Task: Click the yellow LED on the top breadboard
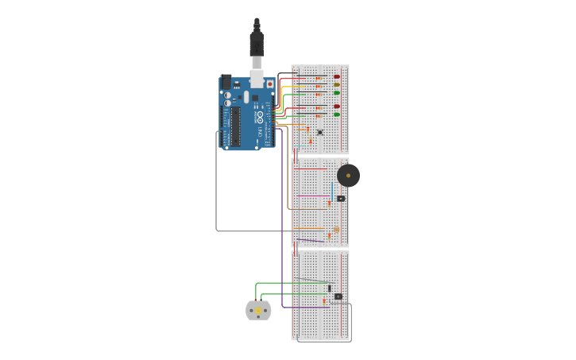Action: [x=337, y=84]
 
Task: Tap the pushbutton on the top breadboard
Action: [x=320, y=132]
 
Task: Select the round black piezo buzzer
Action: [x=348, y=176]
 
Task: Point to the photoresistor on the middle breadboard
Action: [x=336, y=230]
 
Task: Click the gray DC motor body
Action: [x=258, y=310]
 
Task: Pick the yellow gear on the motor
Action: [x=257, y=310]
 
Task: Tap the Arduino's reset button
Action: [x=270, y=83]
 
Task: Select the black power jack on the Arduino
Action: [x=226, y=81]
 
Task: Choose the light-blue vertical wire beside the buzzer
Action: [x=332, y=189]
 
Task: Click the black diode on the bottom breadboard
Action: [x=329, y=288]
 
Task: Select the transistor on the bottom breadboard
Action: [x=338, y=296]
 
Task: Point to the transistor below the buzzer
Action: [x=341, y=199]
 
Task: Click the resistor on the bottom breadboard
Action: [x=323, y=301]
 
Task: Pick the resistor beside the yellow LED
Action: [x=319, y=86]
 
